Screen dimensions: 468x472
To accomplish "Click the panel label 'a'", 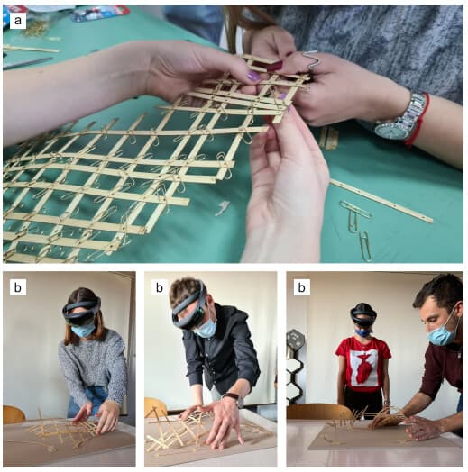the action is (18, 21).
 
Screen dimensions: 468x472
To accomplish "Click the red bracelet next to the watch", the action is (420, 120).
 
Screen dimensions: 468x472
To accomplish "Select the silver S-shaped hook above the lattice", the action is (312, 60).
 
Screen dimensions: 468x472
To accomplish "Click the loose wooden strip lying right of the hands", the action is (381, 201).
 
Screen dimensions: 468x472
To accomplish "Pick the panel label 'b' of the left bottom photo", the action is (18, 287).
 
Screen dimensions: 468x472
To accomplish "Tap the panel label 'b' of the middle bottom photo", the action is (160, 287).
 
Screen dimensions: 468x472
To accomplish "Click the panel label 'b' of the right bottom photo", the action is (301, 287).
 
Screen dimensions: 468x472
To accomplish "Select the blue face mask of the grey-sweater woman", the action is (83, 330).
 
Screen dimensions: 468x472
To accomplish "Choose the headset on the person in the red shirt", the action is (362, 315).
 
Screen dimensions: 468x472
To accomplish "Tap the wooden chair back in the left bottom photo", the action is (13, 414).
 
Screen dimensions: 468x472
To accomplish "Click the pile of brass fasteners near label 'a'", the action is (35, 29).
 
